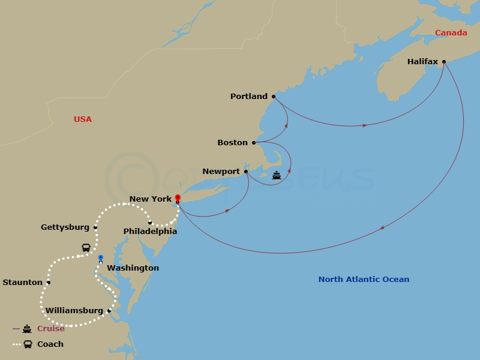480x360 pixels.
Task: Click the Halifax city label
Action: [422, 61]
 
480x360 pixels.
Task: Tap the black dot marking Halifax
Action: [444, 61]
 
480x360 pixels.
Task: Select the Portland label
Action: [249, 96]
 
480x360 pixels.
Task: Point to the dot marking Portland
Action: [274, 96]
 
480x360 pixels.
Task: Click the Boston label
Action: [232, 142]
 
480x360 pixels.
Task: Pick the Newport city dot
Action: [246, 171]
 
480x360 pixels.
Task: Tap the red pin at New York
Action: [178, 197]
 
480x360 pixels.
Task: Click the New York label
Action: [151, 199]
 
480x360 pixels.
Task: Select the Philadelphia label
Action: [150, 231]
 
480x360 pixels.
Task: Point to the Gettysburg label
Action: [65, 227]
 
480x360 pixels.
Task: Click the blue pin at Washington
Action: [100, 258]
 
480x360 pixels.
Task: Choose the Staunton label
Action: [23, 282]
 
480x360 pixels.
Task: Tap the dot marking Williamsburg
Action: [109, 311]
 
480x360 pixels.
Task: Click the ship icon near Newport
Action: [276, 175]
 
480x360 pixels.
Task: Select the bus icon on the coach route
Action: [86, 247]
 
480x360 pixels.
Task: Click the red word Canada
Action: [451, 32]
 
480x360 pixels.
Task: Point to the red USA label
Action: [83, 119]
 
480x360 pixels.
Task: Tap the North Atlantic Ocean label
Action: [364, 279]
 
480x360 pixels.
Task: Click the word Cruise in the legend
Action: [51, 329]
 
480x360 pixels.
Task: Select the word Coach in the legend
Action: [50, 344]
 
